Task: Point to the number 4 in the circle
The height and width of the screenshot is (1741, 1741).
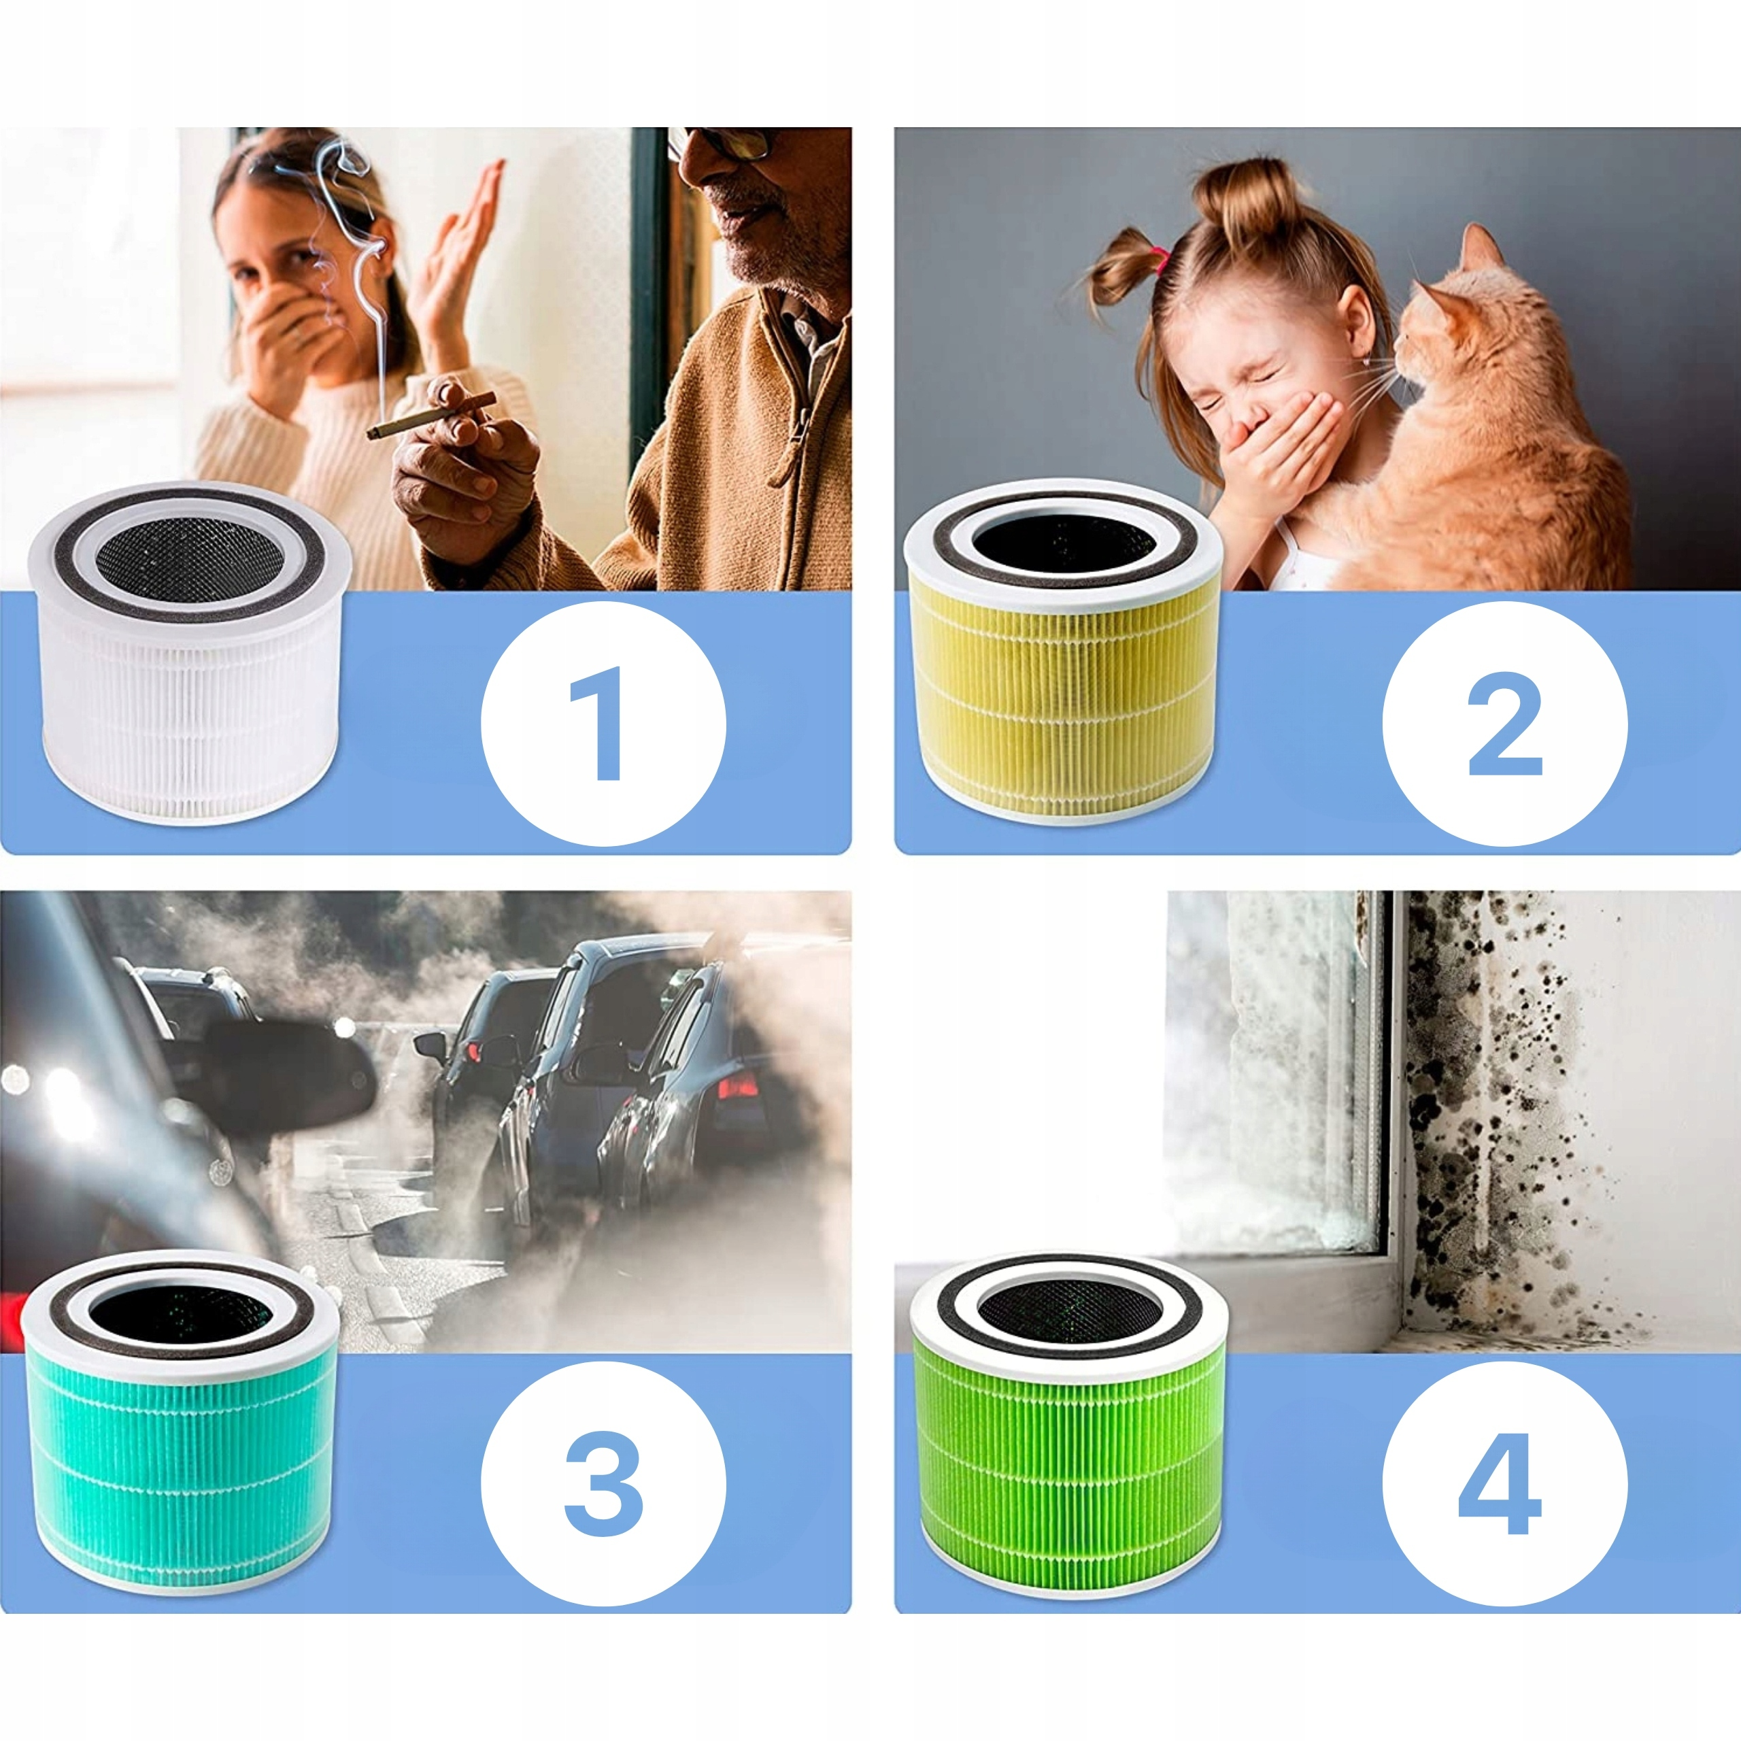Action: tap(1500, 1483)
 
